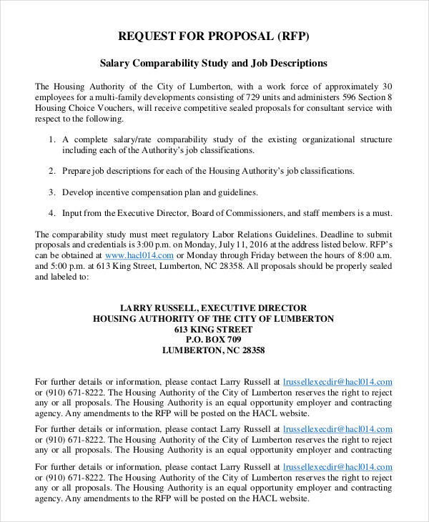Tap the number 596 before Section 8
348,97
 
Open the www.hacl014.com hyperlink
139,255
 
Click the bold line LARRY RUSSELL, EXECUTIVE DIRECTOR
213,307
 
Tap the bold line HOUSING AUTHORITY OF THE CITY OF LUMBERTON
213,318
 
